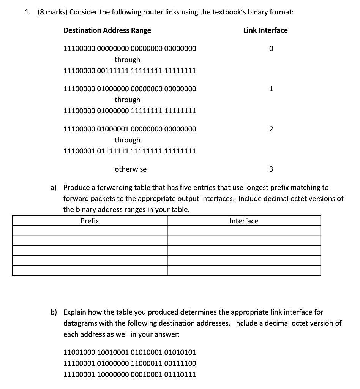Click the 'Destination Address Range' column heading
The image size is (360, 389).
pos(107,30)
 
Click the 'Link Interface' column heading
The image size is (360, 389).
pos(265,30)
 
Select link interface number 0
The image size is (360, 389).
pos(271,49)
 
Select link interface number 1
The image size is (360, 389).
pos(271,89)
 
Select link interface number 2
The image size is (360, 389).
pos(271,129)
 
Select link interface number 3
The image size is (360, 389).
pos(271,169)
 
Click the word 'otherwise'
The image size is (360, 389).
pos(131,169)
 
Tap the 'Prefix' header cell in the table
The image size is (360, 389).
pos(90,221)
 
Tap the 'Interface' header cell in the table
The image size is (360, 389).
pos(244,221)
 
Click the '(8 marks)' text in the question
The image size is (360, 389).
pos(53,12)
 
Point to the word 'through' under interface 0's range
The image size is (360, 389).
pos(128,60)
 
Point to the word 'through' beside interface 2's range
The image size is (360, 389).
pos(128,140)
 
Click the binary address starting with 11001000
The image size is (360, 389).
pos(129,353)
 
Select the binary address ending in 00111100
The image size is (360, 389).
pos(129,364)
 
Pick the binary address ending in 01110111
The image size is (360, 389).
pos(129,375)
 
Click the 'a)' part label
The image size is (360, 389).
pos(54,187)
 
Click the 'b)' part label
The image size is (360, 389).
pos(54,312)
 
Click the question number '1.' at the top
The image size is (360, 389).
pos(27,12)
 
